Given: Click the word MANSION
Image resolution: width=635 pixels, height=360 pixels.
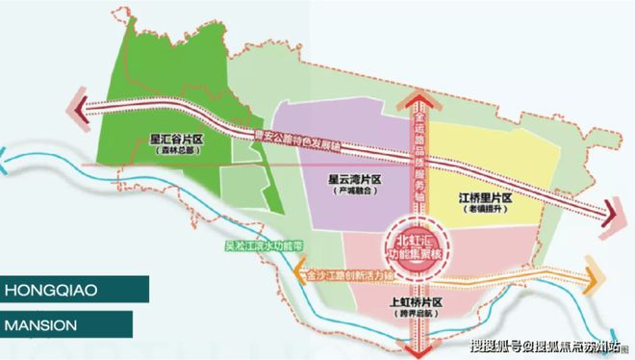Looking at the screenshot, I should coord(42,324).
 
